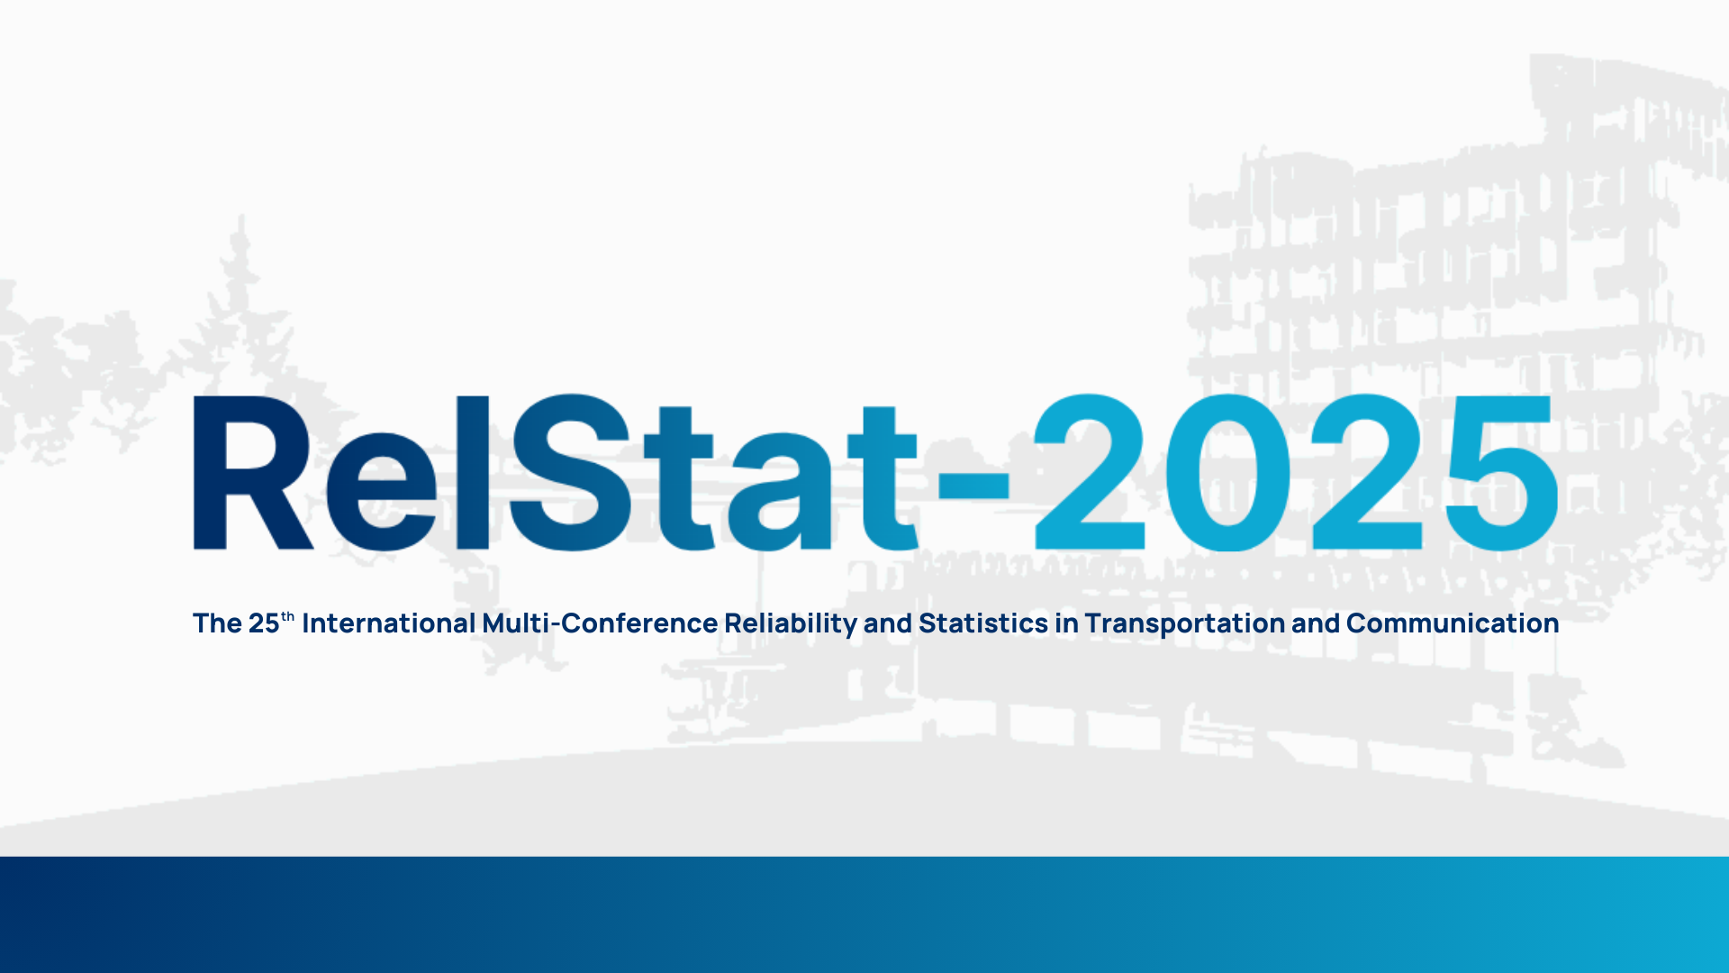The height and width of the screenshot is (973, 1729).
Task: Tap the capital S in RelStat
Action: point(569,472)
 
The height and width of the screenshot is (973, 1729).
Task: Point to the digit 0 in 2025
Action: point(1229,472)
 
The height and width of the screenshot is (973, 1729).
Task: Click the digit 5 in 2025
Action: point(1501,474)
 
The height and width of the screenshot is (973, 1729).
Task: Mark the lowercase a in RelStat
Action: point(780,492)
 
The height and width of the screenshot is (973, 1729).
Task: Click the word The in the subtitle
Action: point(217,623)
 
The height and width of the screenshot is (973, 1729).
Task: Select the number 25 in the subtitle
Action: point(264,623)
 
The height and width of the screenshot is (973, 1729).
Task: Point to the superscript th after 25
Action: point(288,617)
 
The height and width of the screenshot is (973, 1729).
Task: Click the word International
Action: point(389,623)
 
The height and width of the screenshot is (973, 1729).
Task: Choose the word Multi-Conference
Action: point(600,623)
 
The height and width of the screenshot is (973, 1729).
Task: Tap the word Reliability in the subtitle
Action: point(791,624)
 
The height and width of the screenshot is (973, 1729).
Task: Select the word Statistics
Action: point(983,623)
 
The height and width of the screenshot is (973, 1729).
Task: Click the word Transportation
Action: point(1185,624)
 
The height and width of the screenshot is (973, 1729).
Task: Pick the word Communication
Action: point(1453,623)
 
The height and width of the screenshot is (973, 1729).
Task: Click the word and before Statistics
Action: point(888,623)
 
